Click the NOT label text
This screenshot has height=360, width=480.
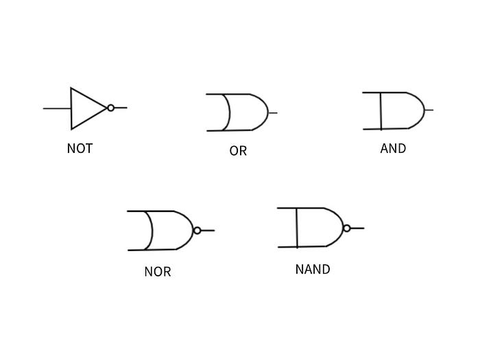[x=80, y=148]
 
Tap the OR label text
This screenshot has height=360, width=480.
[x=238, y=151]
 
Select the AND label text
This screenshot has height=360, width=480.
[x=393, y=147]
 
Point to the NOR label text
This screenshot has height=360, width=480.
[x=157, y=272]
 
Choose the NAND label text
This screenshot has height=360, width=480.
[x=313, y=269]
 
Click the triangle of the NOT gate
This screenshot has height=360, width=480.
[x=86, y=108]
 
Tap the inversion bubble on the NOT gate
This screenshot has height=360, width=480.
[x=110, y=108]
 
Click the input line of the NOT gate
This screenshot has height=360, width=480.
[x=57, y=108]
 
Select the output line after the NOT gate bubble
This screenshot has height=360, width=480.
[x=121, y=108]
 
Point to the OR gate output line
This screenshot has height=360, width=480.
[x=273, y=112]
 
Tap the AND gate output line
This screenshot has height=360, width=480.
[x=429, y=110]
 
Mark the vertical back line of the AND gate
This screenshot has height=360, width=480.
[x=381, y=110]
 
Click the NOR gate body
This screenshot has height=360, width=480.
[x=170, y=230]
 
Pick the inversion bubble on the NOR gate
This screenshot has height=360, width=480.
[x=197, y=230]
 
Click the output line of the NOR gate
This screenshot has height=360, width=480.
[x=208, y=230]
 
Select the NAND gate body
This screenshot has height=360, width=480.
[x=319, y=228]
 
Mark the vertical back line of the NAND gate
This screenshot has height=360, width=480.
[x=297, y=228]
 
